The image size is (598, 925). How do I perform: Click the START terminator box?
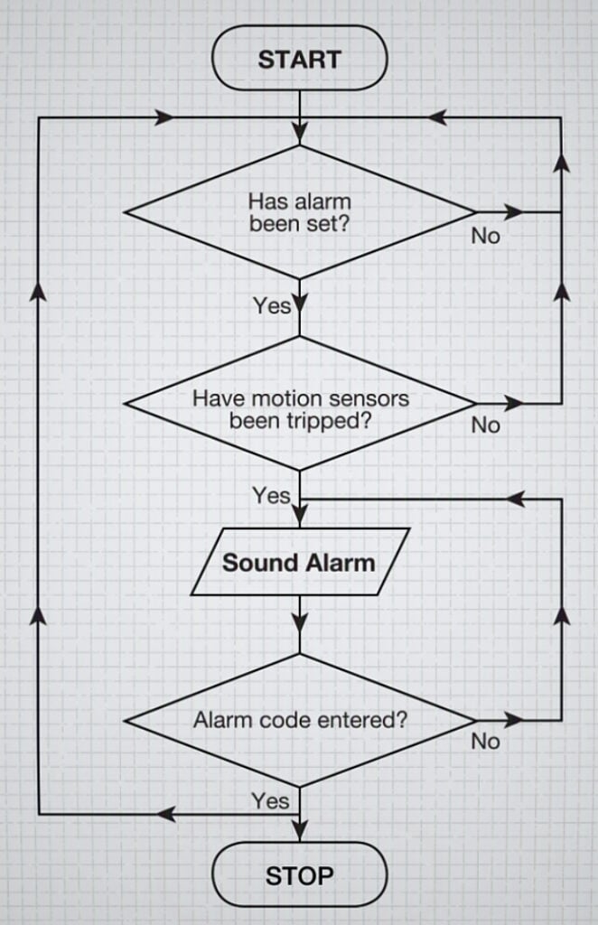point(299,60)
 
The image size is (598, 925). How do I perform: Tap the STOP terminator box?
point(299,874)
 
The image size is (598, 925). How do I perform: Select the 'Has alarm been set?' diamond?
point(299,212)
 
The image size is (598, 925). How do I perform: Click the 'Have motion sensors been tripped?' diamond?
point(299,404)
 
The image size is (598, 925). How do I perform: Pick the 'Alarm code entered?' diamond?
point(299,721)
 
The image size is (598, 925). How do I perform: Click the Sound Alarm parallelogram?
point(299,563)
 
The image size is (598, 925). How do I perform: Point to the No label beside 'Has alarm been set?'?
point(485,237)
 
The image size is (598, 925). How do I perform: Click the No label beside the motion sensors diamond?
point(485,425)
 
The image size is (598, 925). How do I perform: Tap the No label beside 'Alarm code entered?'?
point(485,742)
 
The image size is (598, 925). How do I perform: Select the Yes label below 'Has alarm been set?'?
point(271,306)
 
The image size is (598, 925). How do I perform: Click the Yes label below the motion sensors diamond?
point(271,495)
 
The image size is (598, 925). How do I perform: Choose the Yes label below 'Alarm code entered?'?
point(270,800)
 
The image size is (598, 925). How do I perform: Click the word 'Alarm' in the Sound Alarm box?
point(341,563)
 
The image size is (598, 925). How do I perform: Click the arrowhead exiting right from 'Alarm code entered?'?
point(514,721)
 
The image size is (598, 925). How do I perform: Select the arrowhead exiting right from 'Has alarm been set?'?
point(514,212)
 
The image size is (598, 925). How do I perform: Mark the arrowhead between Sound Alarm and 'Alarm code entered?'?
point(299,624)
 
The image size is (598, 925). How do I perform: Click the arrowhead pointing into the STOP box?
point(299,828)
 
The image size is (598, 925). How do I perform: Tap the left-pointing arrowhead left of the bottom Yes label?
point(165,814)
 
